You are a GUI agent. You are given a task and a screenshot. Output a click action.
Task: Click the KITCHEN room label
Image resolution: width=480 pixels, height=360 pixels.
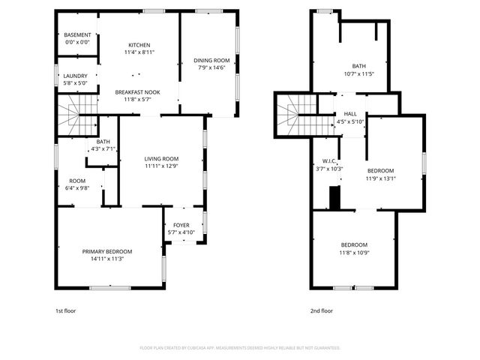tap(139, 45)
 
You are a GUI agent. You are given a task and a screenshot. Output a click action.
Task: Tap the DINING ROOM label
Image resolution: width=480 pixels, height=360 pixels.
tap(212, 60)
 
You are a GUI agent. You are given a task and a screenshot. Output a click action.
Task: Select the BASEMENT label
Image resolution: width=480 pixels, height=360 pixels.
tap(77, 35)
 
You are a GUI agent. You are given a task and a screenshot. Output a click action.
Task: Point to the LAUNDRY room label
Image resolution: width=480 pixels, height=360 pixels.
tap(75, 76)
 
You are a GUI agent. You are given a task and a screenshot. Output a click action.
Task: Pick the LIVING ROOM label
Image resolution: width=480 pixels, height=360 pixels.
tap(161, 158)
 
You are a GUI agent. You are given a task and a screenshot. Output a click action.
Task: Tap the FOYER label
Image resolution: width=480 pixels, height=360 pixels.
tap(181, 225)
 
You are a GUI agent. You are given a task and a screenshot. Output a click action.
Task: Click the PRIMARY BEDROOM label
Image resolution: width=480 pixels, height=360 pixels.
tap(107, 251)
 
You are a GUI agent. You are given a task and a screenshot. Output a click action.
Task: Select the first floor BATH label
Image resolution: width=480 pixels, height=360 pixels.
tap(103, 142)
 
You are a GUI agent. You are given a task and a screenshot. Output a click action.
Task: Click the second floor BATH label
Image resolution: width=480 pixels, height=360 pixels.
tap(359, 66)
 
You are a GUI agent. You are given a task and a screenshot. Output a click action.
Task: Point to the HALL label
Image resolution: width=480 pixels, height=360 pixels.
tap(349, 114)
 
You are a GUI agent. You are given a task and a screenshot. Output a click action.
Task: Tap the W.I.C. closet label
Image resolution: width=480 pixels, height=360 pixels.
tap(328, 161)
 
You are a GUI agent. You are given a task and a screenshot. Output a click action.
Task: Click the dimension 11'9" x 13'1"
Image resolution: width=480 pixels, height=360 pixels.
tap(380, 178)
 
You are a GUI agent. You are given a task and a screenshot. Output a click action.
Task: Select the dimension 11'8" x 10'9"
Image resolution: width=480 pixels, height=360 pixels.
tap(355, 253)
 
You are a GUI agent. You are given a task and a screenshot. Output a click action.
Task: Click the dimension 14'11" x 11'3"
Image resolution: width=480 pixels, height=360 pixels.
tap(107, 259)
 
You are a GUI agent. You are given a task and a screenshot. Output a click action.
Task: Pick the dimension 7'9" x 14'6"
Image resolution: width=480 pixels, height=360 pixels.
tap(212, 67)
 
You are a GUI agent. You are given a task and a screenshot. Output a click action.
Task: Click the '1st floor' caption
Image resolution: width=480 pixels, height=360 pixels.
tap(65, 310)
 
